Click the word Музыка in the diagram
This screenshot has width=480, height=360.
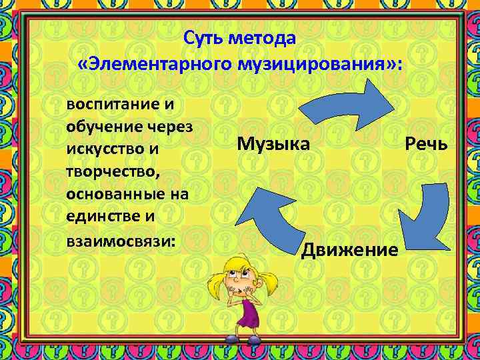[273, 143]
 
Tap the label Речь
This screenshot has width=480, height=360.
[425, 143]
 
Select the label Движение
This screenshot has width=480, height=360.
[350, 250]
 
